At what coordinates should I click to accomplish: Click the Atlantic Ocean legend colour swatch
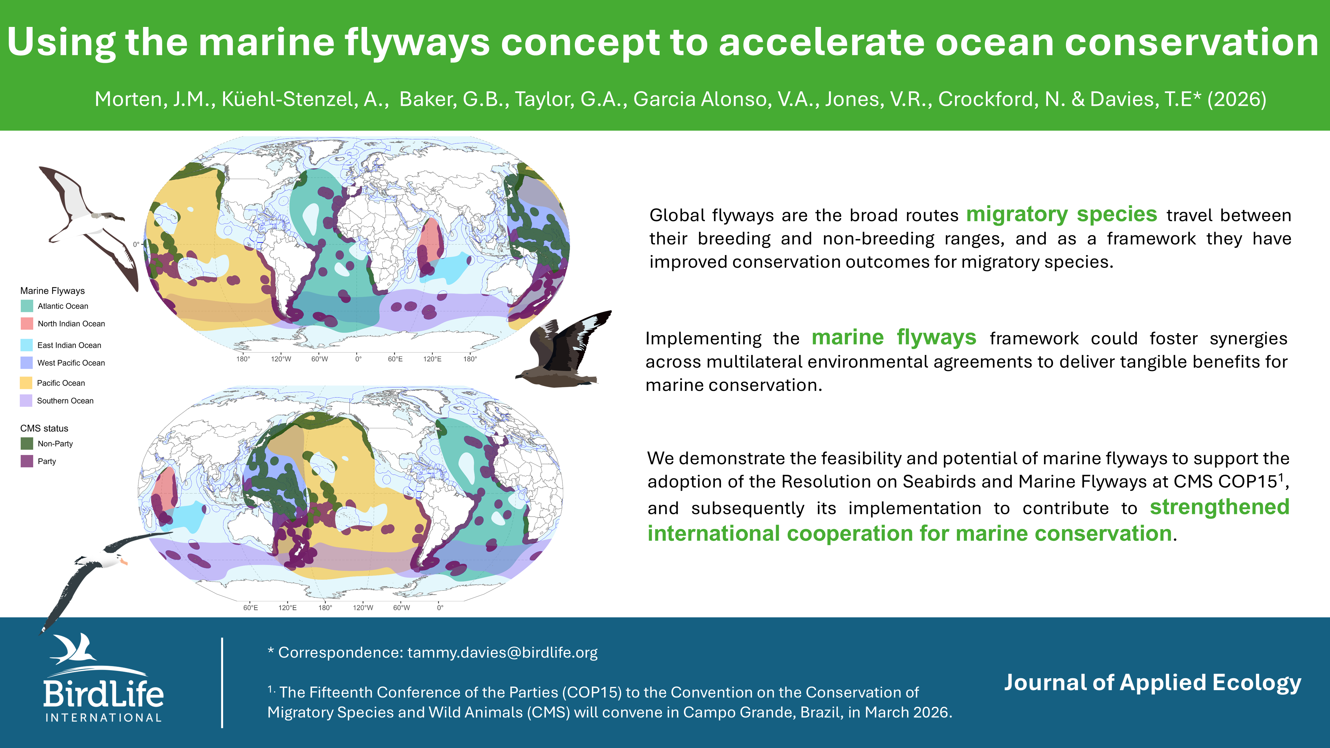[x=27, y=306]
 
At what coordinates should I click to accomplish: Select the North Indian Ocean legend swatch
[x=27, y=324]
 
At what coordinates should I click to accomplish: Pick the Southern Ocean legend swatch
[x=26, y=401]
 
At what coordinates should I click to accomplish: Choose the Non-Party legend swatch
[x=27, y=443]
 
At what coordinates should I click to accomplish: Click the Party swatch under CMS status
[x=27, y=461]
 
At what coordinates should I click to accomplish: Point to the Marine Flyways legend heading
[x=53, y=291]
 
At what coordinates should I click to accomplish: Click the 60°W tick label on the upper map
[x=320, y=359]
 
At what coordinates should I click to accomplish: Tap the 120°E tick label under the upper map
[x=433, y=359]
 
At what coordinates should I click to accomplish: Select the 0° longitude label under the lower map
[x=440, y=608]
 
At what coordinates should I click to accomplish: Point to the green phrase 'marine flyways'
[x=894, y=338]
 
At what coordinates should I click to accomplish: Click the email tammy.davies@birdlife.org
[x=502, y=653]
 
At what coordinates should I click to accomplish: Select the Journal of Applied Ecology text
[x=1152, y=683]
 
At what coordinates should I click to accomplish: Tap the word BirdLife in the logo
[x=103, y=693]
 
